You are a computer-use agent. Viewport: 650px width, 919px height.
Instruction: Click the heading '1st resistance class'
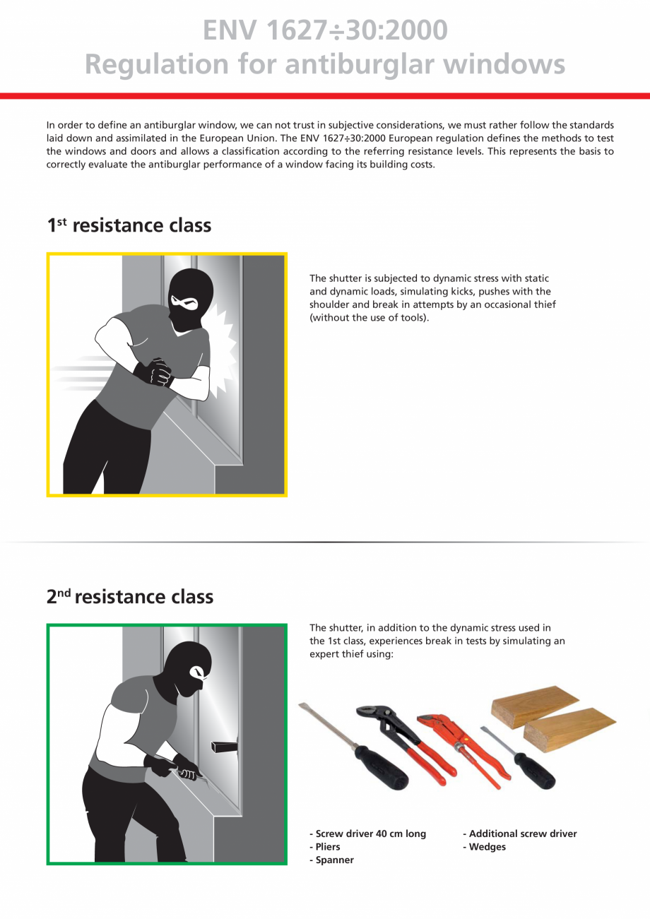[x=129, y=225]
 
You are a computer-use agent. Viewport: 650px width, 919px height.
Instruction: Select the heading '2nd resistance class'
[x=130, y=597]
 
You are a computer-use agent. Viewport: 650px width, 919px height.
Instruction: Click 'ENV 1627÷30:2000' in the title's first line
[x=325, y=30]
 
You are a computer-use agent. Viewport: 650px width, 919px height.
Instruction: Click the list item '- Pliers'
[x=325, y=847]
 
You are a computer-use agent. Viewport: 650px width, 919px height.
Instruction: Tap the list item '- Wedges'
[x=484, y=847]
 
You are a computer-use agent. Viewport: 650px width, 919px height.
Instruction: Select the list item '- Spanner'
[x=331, y=860]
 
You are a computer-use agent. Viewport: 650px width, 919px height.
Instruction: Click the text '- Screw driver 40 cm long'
[x=367, y=834]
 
